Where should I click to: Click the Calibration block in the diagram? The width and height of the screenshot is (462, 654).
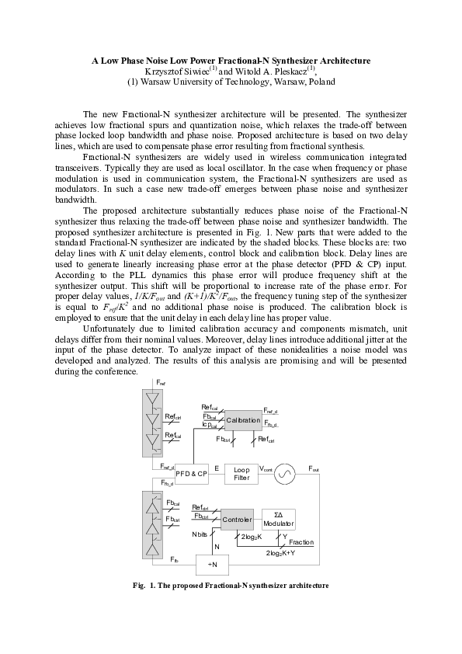242,420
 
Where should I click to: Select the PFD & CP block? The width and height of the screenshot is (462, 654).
191,473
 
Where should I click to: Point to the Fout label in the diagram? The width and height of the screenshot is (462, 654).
314,468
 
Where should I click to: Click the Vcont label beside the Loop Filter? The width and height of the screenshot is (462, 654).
266,468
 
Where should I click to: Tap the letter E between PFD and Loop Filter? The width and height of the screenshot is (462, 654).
217,468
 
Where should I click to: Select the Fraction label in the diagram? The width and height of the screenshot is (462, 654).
301,542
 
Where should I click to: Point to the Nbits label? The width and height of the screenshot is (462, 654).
200,535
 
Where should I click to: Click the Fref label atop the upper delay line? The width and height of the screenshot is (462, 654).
161,383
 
